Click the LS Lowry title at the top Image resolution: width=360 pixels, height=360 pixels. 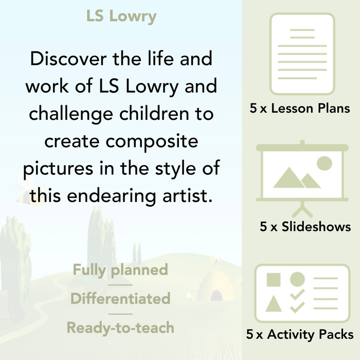pos(122,16)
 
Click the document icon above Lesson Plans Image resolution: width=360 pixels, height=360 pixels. pos(302,53)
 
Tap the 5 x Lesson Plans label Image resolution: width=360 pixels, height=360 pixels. pos(300,109)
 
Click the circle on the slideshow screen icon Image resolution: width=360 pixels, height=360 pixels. pos(324,164)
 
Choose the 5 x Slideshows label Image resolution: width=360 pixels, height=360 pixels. pos(305,227)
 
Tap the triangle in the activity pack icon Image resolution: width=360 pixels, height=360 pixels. pos(274,304)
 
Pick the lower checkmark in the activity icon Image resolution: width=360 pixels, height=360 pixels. pos(297,307)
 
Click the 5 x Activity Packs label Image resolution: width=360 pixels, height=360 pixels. pos(300,335)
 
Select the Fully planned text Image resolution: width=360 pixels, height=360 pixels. pos(120,269)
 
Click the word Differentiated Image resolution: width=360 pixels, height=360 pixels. pos(120,298)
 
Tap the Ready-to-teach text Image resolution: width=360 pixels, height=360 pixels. pos(120,327)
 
